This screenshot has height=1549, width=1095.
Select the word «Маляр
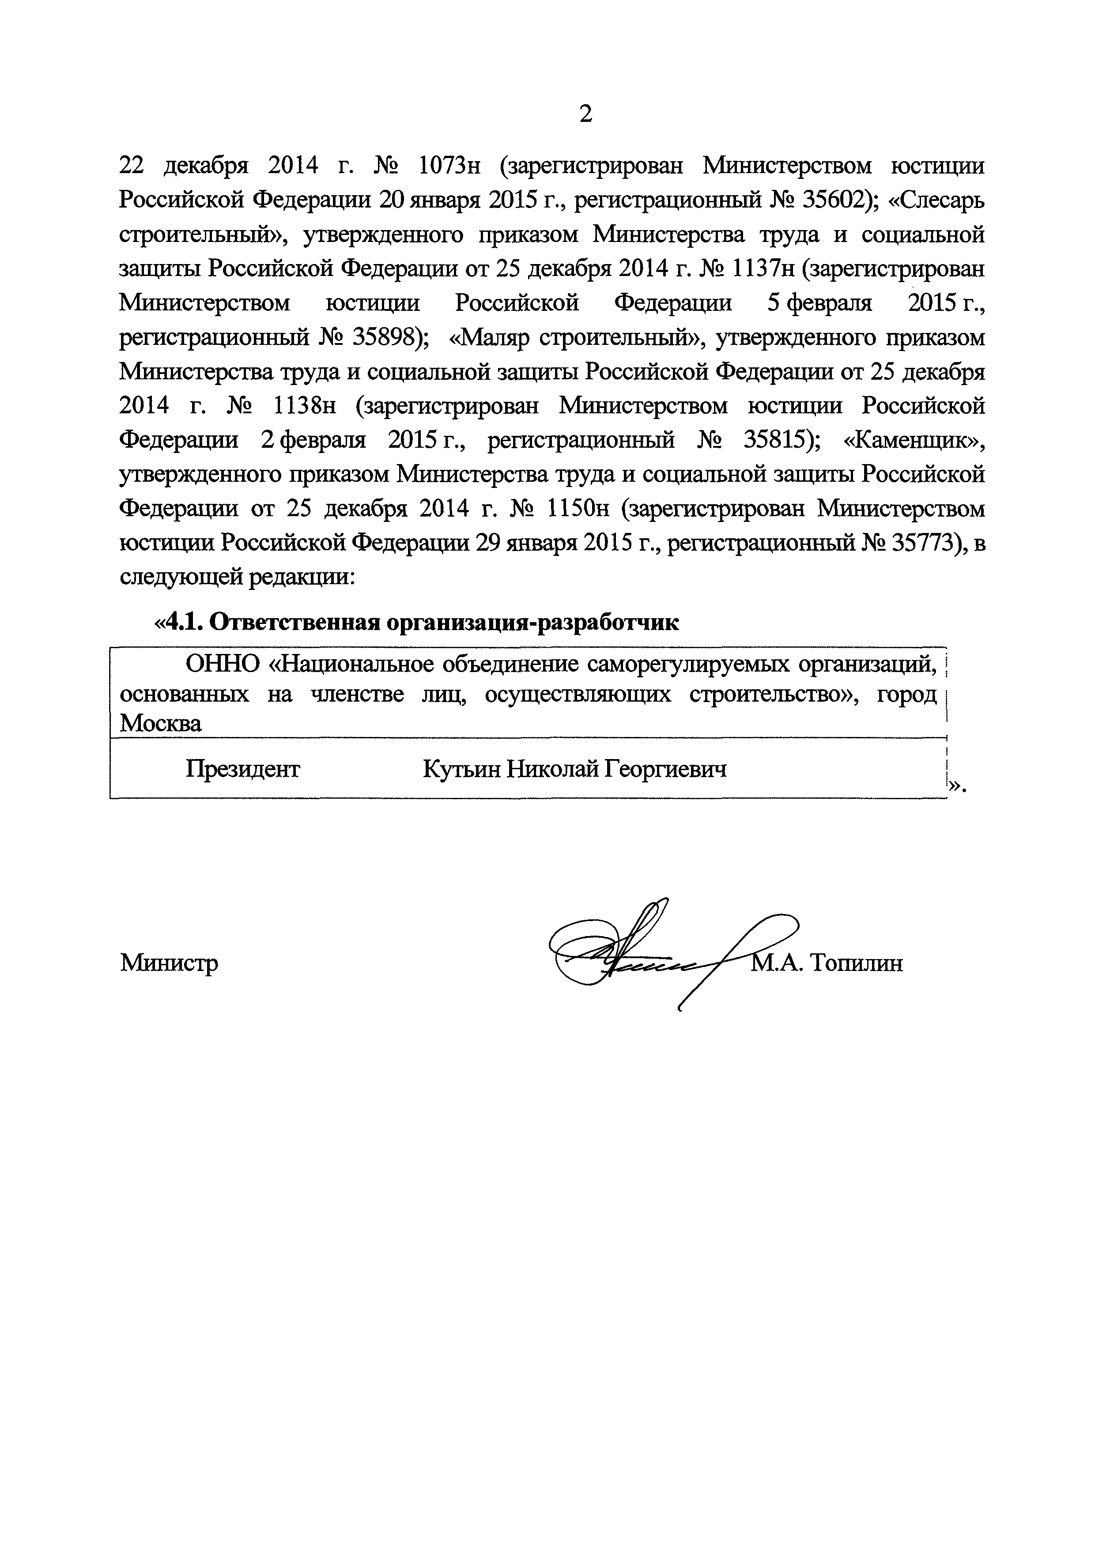pyautogui.click(x=490, y=338)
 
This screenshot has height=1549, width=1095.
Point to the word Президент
pyautogui.click(x=243, y=768)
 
